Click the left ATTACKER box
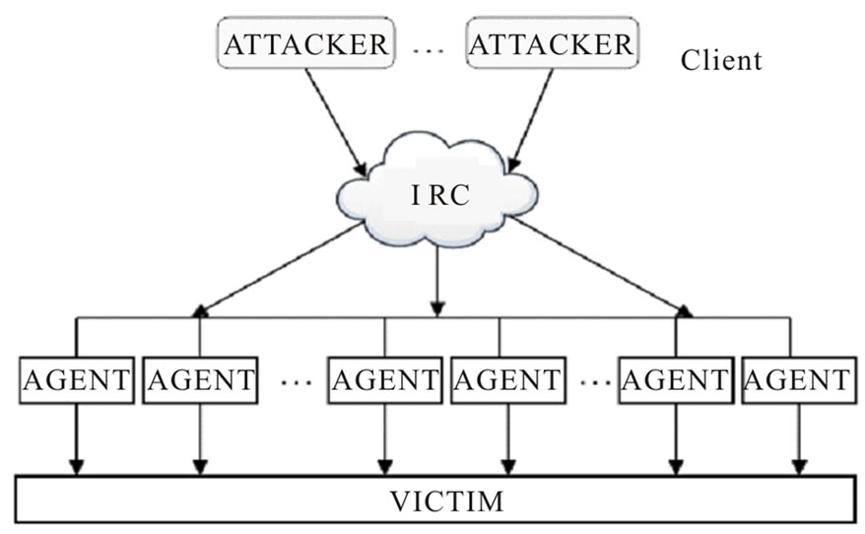point(306,44)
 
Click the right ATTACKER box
point(551,44)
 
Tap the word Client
point(721,60)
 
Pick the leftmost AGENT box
point(76,380)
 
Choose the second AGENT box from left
point(200,380)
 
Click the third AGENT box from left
point(385,380)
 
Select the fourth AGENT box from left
point(506,380)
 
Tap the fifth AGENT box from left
point(675,380)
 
